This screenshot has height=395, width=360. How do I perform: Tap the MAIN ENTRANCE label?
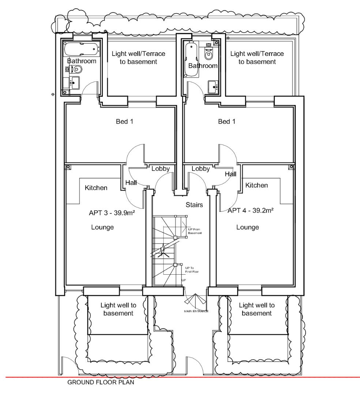(x=196, y=311)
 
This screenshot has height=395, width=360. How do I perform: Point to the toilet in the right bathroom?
(x=209, y=55)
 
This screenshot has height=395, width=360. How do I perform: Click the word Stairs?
(x=194, y=205)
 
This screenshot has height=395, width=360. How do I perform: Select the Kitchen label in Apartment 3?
(x=96, y=188)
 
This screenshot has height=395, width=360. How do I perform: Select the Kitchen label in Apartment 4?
(x=256, y=185)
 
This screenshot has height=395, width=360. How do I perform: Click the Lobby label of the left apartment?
(x=160, y=169)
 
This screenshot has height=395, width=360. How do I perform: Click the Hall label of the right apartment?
(x=230, y=174)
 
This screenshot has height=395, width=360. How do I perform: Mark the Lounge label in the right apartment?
(x=248, y=227)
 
